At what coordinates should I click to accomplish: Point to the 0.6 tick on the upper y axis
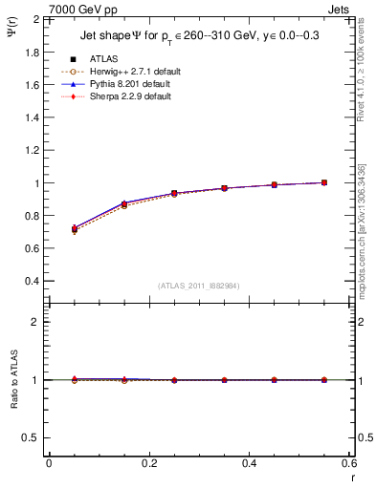33,248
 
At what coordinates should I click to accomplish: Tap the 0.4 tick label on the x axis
249,463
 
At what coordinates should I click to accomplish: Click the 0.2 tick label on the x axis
148,463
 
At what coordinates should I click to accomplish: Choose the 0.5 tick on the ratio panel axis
33,437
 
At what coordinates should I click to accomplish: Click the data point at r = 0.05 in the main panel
74,229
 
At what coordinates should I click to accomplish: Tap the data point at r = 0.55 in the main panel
324,182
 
